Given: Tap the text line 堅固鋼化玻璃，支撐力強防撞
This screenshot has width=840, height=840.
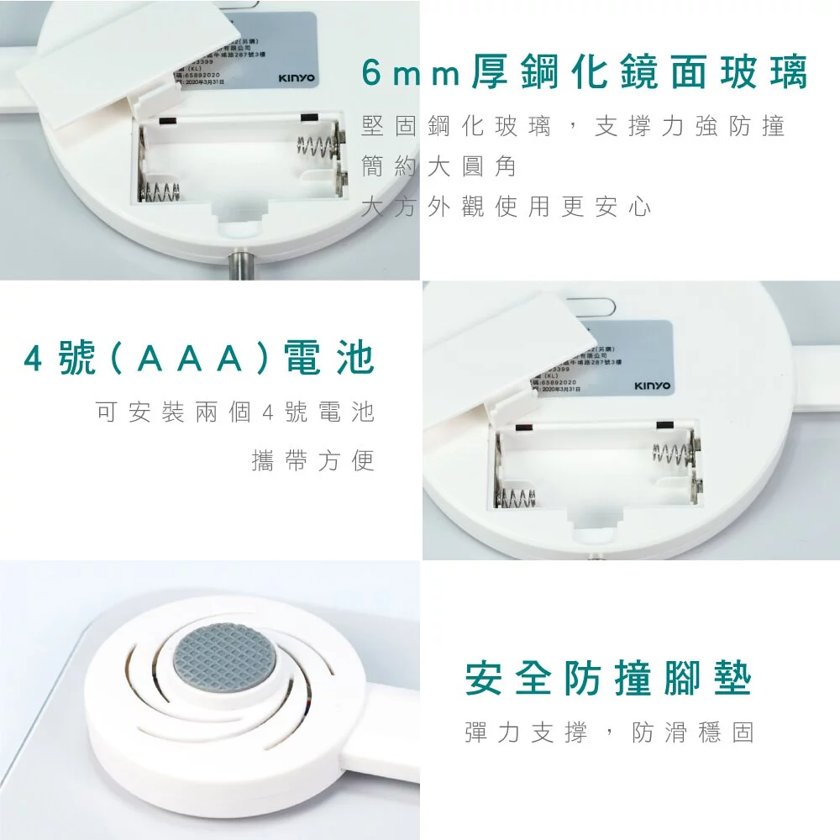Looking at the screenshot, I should click(573, 127).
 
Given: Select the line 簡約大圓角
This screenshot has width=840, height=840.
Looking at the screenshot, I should click(438, 166).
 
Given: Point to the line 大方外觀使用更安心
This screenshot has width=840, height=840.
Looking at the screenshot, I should click(506, 207).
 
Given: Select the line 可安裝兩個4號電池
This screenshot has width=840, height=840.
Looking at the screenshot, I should click(235, 412).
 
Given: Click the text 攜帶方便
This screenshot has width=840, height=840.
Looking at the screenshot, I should click(312, 460).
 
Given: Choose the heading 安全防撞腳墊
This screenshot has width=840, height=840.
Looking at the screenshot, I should click(607, 679).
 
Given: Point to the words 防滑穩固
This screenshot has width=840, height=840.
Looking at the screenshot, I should click(692, 732).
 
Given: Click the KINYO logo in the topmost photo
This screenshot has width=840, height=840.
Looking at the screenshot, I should click(297, 78).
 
